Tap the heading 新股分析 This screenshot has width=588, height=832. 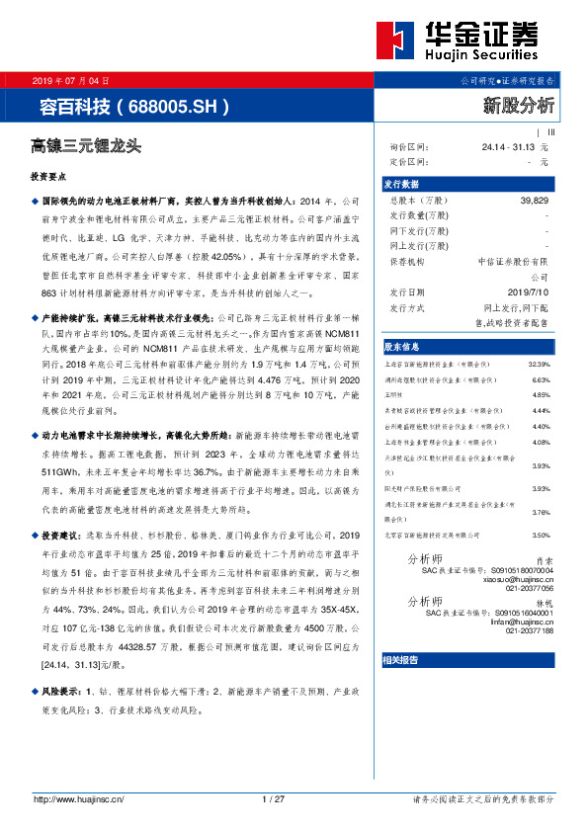(519, 104)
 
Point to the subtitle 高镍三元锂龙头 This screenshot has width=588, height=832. (86, 146)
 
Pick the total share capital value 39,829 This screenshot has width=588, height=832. (534, 200)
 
